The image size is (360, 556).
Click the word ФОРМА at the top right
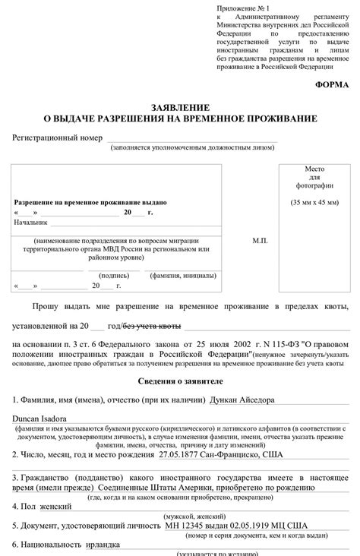332,86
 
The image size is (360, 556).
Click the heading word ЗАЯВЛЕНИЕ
180,109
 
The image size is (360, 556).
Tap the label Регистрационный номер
57,138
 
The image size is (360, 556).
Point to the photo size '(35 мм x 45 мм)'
314,203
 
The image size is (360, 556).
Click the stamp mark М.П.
261,239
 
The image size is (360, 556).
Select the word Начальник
31,223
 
